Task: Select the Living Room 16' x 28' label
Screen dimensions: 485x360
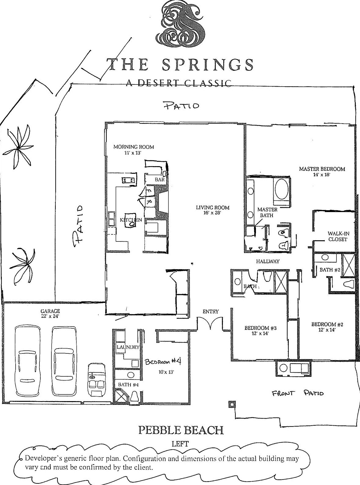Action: [212, 210]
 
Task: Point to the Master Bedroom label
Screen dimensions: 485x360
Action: [322, 171]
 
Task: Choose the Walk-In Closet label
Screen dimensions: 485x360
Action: [338, 236]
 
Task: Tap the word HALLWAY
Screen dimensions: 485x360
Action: [268, 261]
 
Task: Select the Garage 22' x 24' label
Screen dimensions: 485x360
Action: [50, 314]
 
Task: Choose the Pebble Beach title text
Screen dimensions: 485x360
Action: [181, 430]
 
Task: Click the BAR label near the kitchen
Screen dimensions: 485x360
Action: [159, 180]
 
